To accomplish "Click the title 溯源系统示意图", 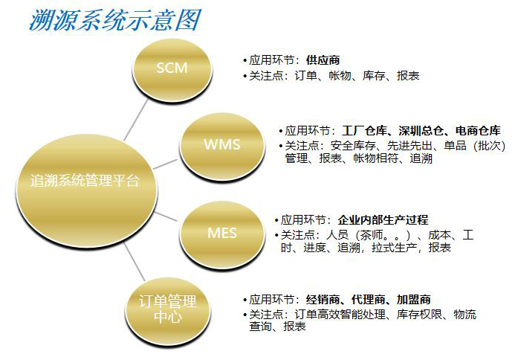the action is pos(115,20).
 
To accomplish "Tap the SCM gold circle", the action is pos(172,70).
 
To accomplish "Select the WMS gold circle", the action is pos(222,146).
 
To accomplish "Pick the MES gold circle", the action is pos(222,234).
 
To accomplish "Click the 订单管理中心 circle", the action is pos(167,311).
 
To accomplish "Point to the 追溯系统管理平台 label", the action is pos(85,181).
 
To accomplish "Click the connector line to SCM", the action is pos(136,120).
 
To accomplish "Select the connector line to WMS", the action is pos(165,164).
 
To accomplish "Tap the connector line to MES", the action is pos(166,216).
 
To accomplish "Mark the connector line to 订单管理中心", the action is pos(135,262).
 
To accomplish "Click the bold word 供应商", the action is pos(323,60).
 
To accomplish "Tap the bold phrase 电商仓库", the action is pos(479,131).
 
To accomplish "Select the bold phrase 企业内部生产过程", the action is pos(383,219).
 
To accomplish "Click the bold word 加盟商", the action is pos(413,300).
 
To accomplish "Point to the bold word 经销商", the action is pos(323,300).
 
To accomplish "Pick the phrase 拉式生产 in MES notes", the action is pos(395,247).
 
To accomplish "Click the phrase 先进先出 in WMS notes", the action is pos(410,145).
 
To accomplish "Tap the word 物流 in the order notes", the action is pos(464,315).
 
